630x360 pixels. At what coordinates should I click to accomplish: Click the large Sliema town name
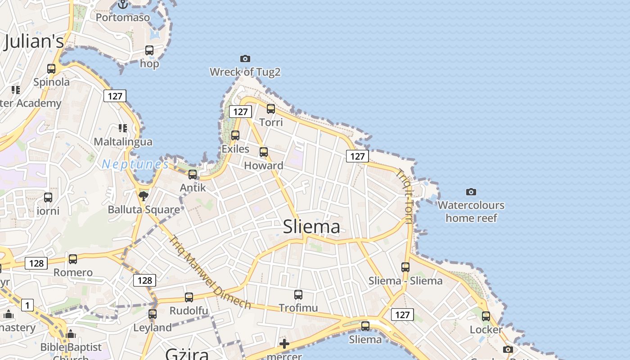[x=311, y=226]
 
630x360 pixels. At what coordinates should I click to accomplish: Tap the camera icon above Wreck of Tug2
[x=245, y=58]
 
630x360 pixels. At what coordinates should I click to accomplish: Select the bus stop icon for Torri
[x=271, y=109]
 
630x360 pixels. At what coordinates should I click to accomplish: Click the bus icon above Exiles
[x=235, y=135]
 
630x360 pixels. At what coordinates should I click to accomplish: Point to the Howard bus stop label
[x=264, y=166]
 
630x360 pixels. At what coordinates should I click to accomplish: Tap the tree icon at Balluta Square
[x=144, y=196]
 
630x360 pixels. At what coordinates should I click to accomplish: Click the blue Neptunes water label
[x=135, y=164]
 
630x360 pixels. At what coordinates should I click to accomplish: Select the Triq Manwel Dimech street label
[x=210, y=272]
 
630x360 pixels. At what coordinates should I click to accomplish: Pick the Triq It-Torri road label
[x=405, y=196]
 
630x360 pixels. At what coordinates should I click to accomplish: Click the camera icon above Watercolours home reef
[x=471, y=192]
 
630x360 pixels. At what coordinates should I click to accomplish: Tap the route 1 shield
[x=27, y=306]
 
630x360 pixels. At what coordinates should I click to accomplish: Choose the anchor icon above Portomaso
[x=123, y=4]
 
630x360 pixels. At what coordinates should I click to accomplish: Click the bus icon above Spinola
[x=51, y=69]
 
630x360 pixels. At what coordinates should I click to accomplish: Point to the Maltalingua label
[x=123, y=142]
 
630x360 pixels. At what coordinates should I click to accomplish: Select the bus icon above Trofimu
[x=298, y=295]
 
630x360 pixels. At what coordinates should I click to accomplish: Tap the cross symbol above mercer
[x=284, y=344]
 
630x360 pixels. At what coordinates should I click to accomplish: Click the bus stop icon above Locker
[x=486, y=316]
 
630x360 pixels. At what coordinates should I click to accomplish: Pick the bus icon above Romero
[x=73, y=259]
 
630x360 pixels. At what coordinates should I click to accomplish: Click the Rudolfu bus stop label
[x=189, y=310]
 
